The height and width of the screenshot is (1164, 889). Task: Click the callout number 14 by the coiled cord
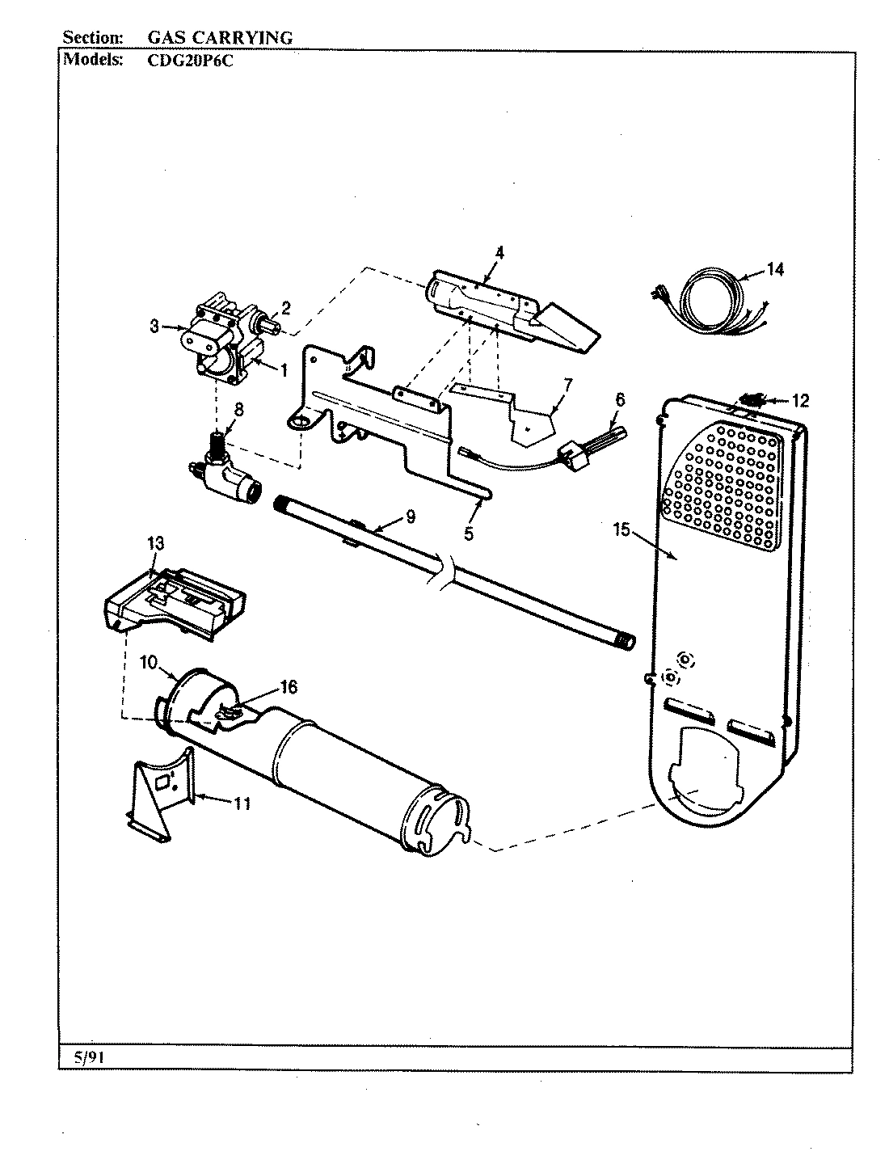[774, 270]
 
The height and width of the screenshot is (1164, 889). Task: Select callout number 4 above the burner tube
[499, 252]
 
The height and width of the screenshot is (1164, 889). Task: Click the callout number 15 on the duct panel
[620, 530]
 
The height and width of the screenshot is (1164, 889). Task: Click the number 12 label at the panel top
[799, 400]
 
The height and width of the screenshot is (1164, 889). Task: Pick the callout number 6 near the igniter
[619, 399]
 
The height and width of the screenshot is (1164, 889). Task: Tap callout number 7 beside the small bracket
[568, 382]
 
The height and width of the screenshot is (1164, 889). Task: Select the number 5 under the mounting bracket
[469, 533]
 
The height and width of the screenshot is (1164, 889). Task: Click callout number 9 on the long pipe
[410, 513]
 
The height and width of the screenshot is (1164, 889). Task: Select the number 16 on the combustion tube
[288, 687]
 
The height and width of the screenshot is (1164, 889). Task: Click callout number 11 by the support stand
[241, 803]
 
